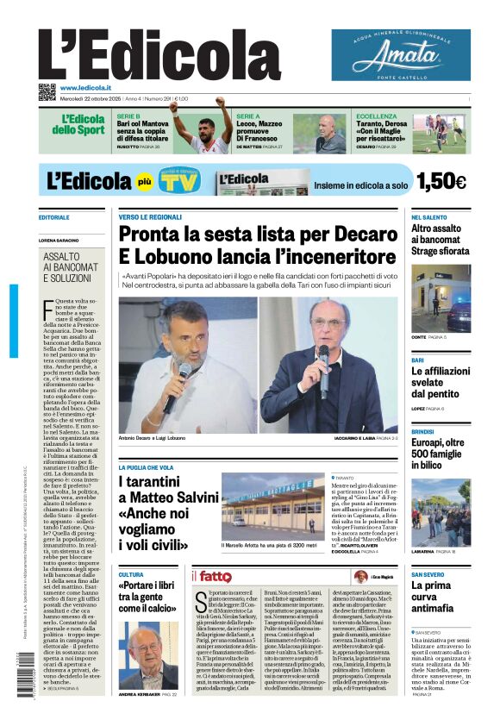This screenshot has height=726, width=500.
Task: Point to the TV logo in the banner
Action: click(177, 180)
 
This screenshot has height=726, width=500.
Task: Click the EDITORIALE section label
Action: click(53, 217)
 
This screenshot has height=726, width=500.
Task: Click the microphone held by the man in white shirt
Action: click(183, 373)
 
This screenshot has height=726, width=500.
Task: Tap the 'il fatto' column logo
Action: click(212, 576)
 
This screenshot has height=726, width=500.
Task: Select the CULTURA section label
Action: click(131, 574)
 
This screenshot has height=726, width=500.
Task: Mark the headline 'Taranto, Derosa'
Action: click(388, 125)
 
